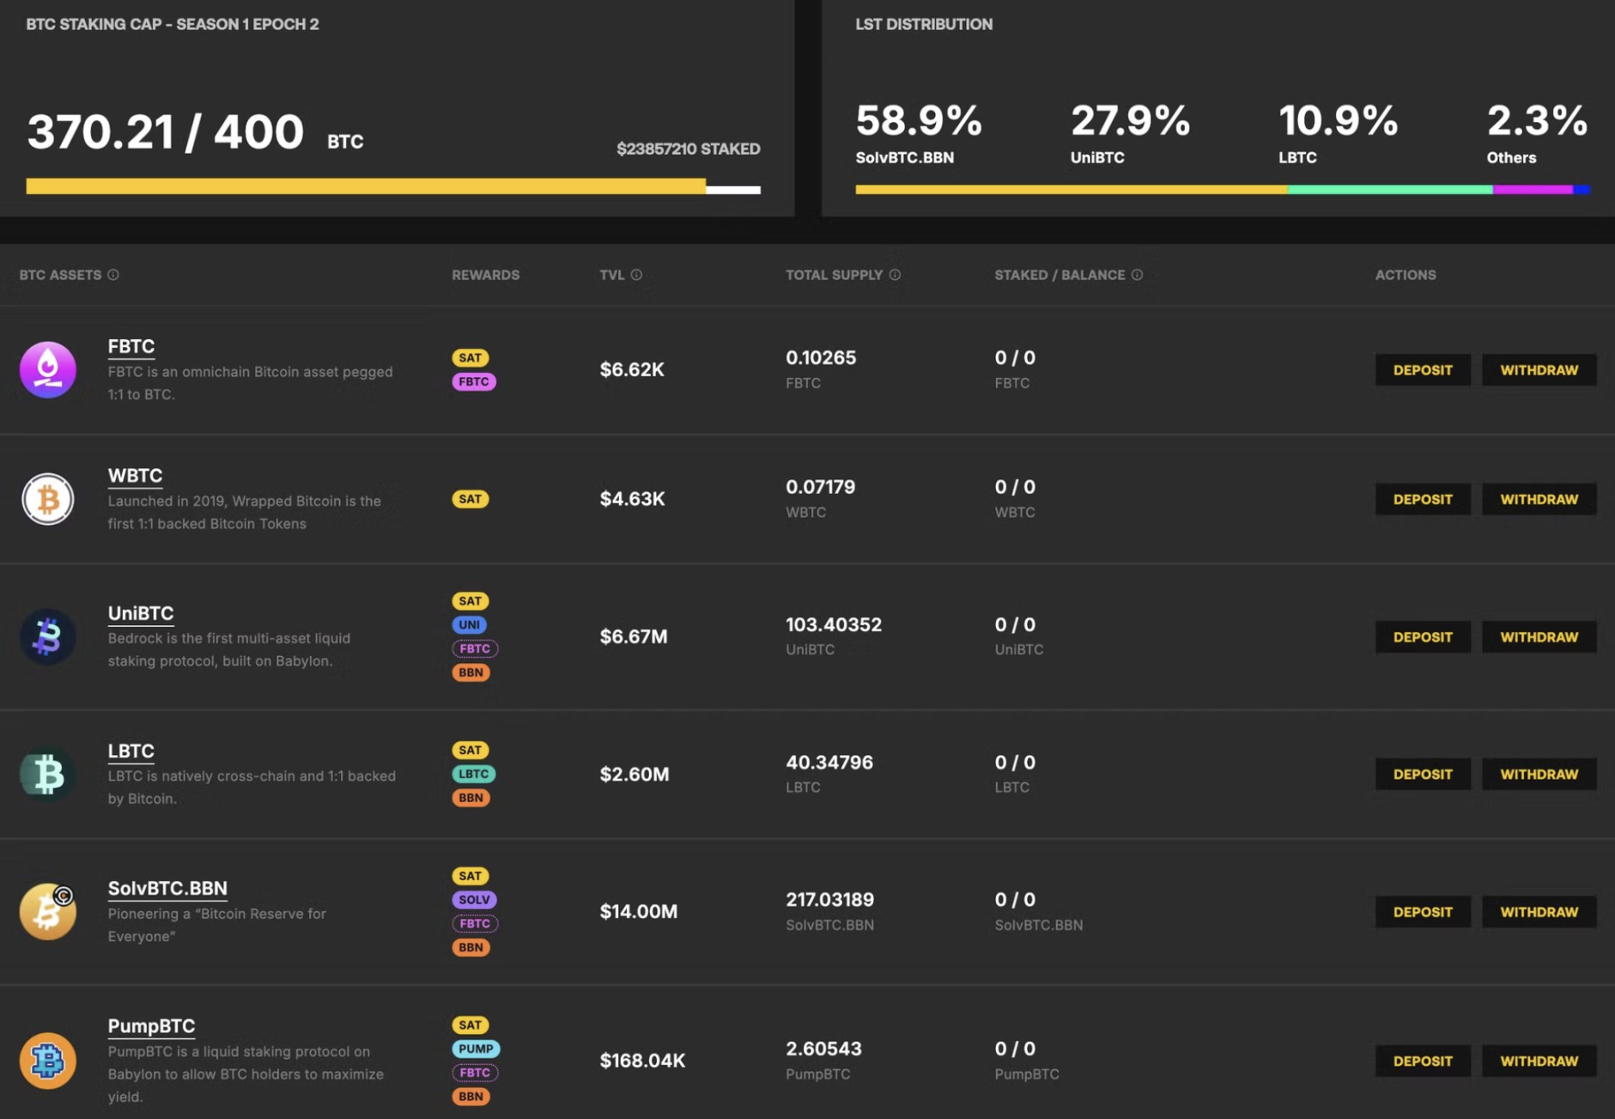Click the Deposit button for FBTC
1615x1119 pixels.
point(1422,370)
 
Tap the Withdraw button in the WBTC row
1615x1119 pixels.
point(1539,499)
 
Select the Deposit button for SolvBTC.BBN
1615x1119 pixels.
point(1422,911)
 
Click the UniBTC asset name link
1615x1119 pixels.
point(141,613)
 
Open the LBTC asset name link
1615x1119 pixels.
point(131,751)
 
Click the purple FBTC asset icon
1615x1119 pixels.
point(48,370)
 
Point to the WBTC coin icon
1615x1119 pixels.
point(48,499)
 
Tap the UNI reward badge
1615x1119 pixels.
point(469,624)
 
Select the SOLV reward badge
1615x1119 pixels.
point(474,899)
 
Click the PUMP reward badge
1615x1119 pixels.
point(476,1049)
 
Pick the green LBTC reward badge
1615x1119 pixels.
point(473,774)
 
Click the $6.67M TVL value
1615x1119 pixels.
point(634,636)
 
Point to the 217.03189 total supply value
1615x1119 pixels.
point(829,899)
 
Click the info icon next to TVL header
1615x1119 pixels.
point(636,275)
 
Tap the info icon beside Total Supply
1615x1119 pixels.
point(895,275)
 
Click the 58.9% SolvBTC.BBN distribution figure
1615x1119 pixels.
point(919,121)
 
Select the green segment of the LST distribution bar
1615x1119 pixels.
point(1389,189)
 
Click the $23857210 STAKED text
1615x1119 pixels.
point(688,149)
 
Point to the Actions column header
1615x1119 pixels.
point(1405,275)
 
